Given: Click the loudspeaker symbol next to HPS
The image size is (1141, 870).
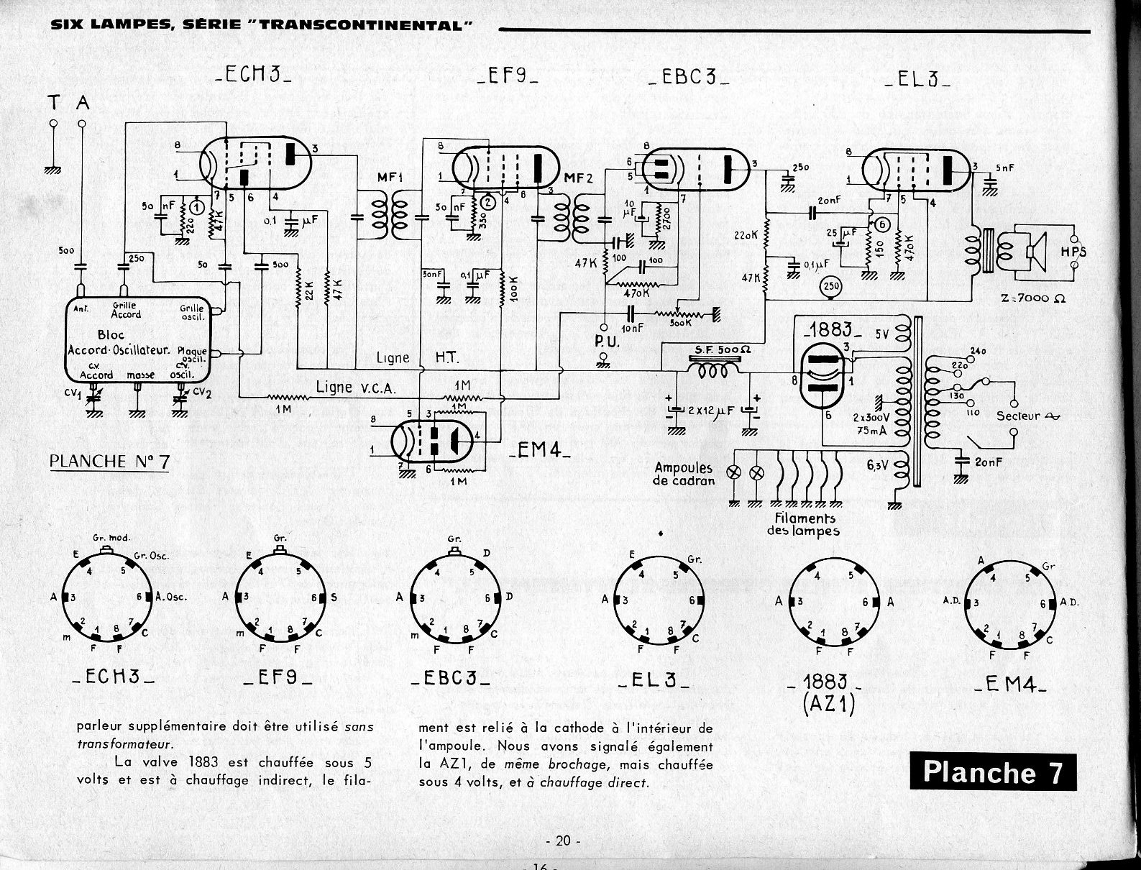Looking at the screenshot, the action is tap(1035, 252).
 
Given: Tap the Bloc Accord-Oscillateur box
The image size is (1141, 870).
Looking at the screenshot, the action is tap(139, 339).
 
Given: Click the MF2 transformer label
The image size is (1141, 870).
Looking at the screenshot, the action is tap(579, 178).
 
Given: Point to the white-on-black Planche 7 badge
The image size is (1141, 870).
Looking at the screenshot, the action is tap(992, 772).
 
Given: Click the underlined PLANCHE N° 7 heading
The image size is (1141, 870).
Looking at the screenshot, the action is tap(109, 461).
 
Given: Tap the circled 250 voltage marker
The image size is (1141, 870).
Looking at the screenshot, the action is tap(831, 288).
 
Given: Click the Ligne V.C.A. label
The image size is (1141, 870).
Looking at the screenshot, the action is tap(355, 387).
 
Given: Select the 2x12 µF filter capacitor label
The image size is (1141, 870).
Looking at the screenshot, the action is tap(712, 411).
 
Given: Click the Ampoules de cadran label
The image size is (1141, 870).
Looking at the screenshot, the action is tap(683, 474).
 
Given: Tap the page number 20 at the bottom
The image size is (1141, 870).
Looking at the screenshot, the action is tap(563, 840).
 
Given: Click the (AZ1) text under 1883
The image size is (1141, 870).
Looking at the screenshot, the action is tap(828, 705).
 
